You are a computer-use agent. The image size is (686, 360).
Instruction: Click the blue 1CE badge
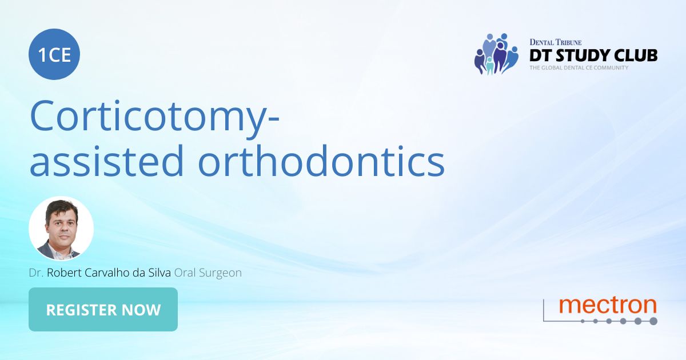(54, 55)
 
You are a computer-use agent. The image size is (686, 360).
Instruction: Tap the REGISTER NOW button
(103, 310)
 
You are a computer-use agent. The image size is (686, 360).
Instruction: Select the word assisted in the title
(106, 161)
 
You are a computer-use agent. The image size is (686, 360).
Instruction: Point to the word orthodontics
(321, 161)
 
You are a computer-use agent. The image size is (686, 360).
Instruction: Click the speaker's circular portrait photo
(61, 229)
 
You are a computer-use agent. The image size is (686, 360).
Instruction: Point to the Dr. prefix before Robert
(36, 273)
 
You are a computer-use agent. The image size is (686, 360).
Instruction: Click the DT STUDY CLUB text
(593, 55)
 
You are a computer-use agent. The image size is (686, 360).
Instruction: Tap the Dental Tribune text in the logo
(555, 42)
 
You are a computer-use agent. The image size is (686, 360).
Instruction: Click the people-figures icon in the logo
(496, 54)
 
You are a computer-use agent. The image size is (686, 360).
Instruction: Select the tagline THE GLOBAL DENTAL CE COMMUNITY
(579, 67)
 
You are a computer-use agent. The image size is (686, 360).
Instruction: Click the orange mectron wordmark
(608, 305)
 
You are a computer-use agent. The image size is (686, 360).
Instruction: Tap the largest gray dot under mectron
(653, 321)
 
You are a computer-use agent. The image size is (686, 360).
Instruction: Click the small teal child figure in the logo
(490, 65)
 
